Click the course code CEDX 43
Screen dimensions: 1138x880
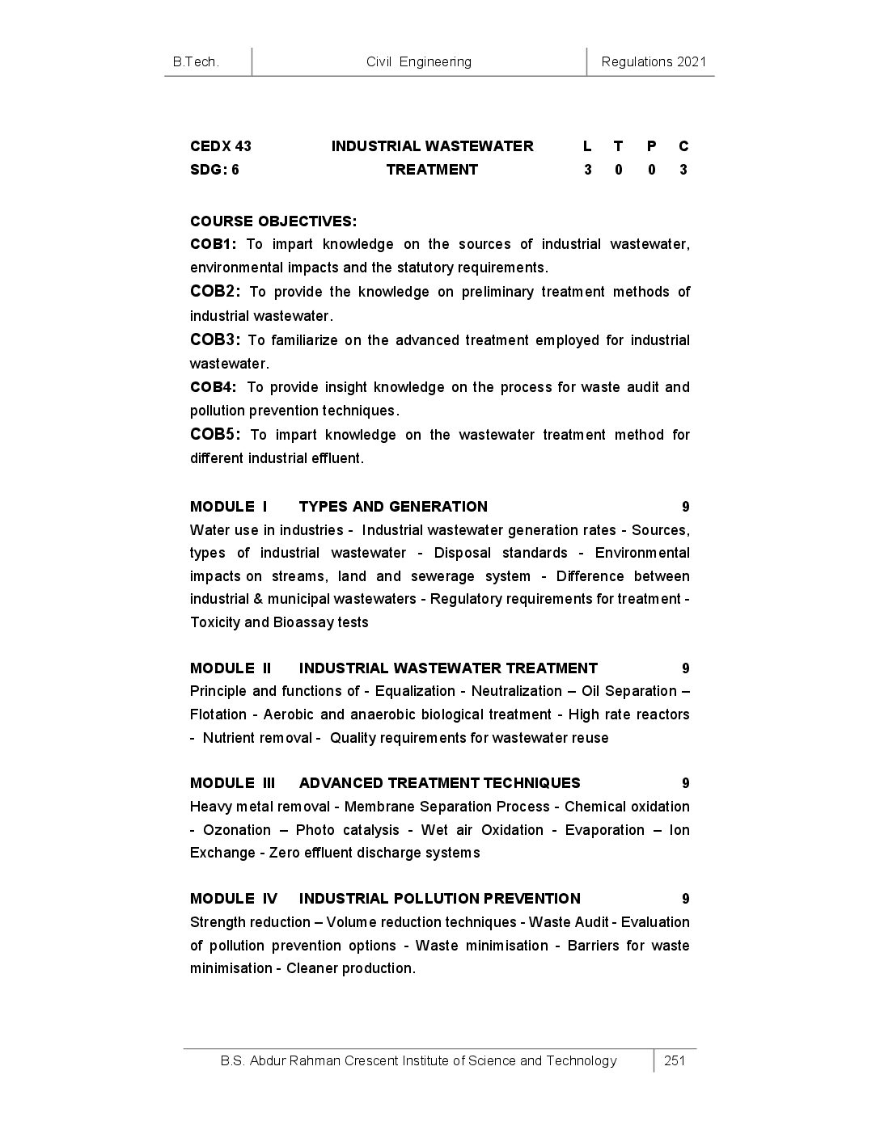point(220,146)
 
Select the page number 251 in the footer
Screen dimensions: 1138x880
point(675,1060)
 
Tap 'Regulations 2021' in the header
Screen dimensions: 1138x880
point(654,61)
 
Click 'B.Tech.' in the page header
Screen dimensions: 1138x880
point(196,61)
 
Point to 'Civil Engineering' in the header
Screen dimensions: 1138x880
point(418,61)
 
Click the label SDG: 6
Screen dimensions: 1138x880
point(214,170)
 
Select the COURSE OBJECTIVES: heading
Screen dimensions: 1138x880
point(273,221)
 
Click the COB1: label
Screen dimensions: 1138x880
point(214,244)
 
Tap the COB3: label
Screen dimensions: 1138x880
point(215,339)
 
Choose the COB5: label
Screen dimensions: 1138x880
point(215,435)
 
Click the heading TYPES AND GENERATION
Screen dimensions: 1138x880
point(393,507)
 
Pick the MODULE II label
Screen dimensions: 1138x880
point(231,668)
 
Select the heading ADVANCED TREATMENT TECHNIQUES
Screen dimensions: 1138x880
point(439,783)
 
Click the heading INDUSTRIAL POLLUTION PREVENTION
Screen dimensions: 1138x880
point(439,899)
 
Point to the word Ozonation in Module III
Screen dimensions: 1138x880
point(237,830)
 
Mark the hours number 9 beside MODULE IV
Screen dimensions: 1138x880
point(685,899)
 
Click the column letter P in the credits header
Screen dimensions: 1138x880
point(651,146)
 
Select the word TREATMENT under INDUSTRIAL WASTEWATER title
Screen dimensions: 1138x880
point(432,170)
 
